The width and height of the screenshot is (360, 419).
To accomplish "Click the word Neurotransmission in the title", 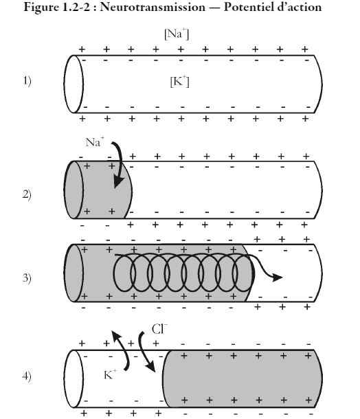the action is pos(153,7).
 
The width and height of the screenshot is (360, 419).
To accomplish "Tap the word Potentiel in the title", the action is pos(248,7).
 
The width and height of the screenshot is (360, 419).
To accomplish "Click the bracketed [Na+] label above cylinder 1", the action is pos(177,34).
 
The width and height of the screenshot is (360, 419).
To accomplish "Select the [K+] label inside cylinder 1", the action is pos(179,81).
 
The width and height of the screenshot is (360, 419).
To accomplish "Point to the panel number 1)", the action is pos(27,80).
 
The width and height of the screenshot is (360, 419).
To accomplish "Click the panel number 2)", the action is pos(27,194).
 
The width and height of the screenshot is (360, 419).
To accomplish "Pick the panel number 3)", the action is pos(27,278).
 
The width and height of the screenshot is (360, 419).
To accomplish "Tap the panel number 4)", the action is pos(27,376).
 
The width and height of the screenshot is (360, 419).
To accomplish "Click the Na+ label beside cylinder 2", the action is pos(95,142).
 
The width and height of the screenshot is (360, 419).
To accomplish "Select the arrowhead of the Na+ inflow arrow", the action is pos(118,182).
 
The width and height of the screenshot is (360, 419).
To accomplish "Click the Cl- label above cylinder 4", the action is pos(159,329).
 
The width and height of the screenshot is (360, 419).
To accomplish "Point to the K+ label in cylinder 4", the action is pos(110,374).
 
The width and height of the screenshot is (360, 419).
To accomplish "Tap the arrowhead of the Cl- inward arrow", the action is pos(151,367).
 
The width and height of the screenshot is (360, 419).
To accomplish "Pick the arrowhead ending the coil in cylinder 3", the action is pos(278,278).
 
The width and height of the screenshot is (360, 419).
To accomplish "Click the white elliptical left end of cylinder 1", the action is pos(74,84).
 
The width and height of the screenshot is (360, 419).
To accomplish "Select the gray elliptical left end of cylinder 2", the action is pos(74,190).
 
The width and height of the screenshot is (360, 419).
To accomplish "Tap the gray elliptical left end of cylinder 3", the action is pos(74,273).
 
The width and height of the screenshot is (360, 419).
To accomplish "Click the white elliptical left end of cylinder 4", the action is pos(74,378).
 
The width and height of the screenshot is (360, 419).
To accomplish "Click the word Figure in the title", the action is pos(40,8).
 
